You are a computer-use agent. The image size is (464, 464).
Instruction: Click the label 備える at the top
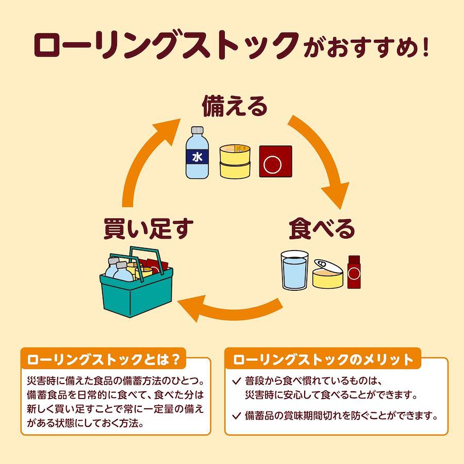[235, 106]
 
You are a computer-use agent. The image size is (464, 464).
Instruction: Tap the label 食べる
[322, 228]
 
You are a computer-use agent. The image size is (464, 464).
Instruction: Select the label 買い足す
[148, 228]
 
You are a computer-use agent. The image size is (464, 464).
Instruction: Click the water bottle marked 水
[197, 153]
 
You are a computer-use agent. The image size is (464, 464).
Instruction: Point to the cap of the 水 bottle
[197, 130]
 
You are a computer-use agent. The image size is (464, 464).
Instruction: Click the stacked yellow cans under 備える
[235, 161]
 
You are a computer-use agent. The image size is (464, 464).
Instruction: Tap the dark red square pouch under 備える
[275, 161]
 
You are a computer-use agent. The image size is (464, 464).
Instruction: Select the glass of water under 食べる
[295, 270]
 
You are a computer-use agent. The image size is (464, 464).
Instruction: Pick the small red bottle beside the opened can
[354, 272]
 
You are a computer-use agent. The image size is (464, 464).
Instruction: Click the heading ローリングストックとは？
[103, 359]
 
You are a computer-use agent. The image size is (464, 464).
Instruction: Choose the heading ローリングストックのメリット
[323, 359]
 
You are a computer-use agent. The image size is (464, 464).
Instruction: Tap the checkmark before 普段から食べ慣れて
[237, 381]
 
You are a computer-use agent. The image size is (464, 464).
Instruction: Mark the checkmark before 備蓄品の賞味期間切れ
[237, 416]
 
